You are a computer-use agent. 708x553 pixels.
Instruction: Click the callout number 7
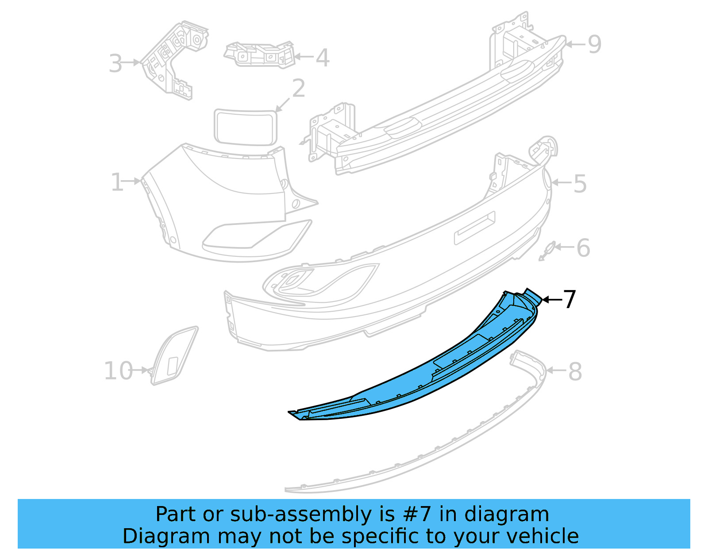pyautogui.click(x=569, y=300)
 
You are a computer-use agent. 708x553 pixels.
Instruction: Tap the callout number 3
pyautogui.click(x=115, y=64)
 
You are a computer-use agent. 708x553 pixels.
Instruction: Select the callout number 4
pyautogui.click(x=323, y=58)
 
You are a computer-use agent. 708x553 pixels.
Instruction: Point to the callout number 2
pyautogui.click(x=299, y=89)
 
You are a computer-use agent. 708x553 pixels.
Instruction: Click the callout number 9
pyautogui.click(x=594, y=44)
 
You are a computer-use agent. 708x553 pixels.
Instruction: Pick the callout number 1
pyautogui.click(x=117, y=182)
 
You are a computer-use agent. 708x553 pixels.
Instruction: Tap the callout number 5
pyautogui.click(x=580, y=184)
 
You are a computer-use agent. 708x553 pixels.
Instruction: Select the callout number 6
pyautogui.click(x=583, y=248)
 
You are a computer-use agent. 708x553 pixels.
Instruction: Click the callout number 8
pyautogui.click(x=575, y=371)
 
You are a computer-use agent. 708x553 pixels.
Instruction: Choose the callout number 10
pyautogui.click(x=118, y=371)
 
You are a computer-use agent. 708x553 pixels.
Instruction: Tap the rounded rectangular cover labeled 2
pyautogui.click(x=246, y=127)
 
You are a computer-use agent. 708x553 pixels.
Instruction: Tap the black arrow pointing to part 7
pyautogui.click(x=551, y=300)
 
